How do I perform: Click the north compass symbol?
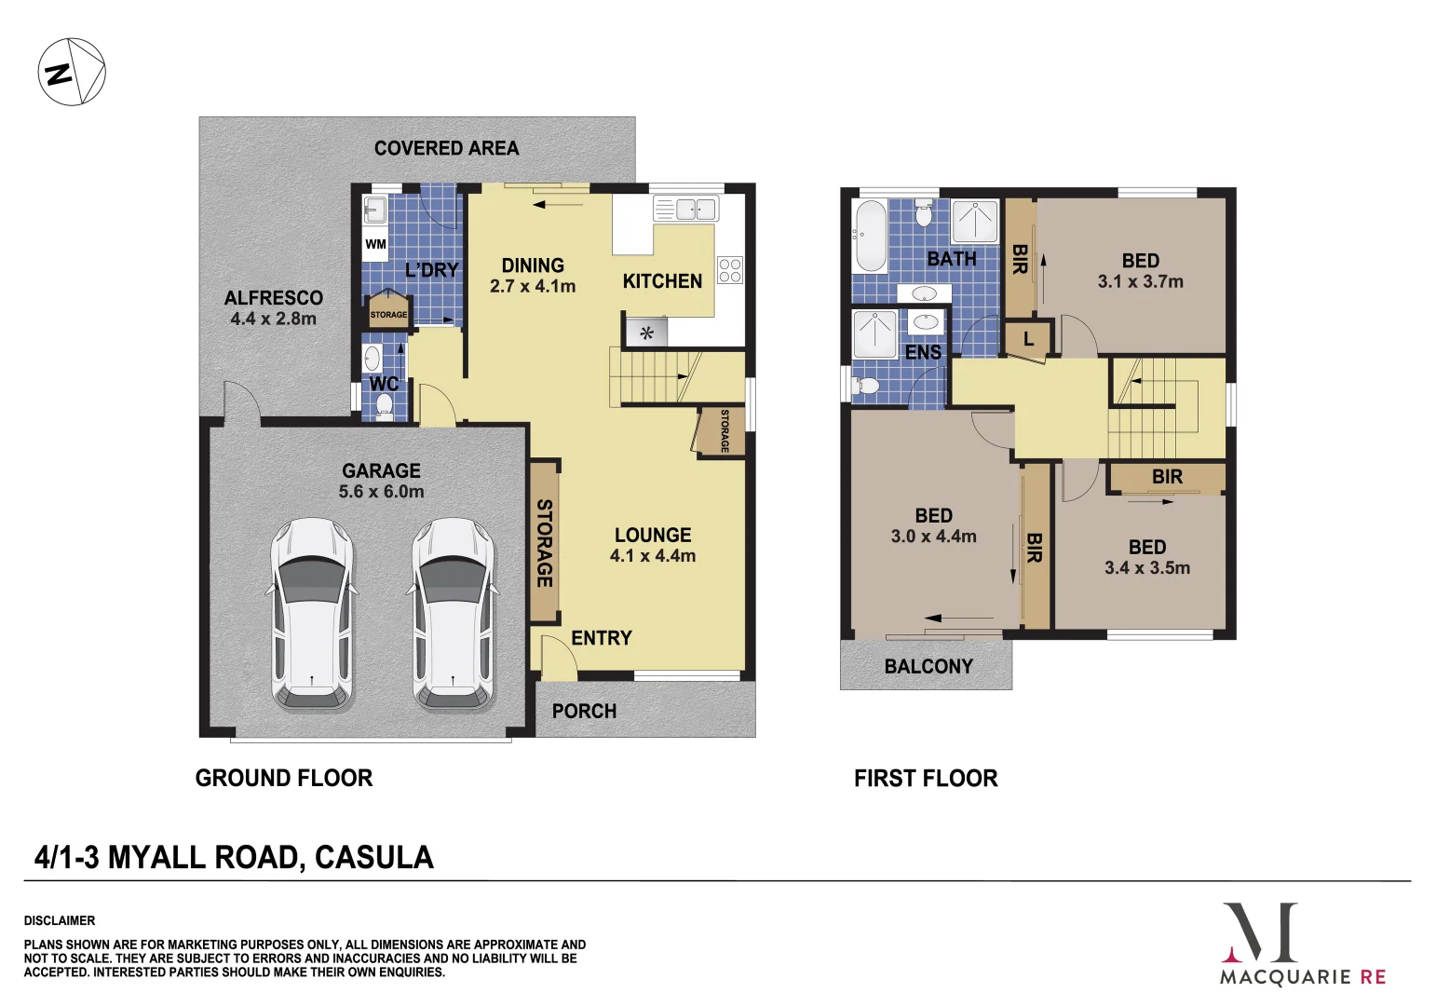(72, 72)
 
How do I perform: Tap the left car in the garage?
(312, 615)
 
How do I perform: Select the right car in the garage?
(454, 615)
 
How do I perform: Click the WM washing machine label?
(375, 244)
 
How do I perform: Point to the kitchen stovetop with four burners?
(730, 270)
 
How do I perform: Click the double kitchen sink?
(686, 209)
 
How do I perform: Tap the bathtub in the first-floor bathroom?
(871, 237)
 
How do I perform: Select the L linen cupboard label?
(1028, 339)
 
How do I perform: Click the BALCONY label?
(928, 667)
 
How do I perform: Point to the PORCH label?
(584, 711)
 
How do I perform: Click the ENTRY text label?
(602, 638)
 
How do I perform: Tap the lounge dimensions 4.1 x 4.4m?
(653, 556)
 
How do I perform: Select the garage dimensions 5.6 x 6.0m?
(382, 492)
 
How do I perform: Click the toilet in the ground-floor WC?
(384, 406)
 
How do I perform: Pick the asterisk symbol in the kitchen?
(647, 333)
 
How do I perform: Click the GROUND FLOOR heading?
(284, 778)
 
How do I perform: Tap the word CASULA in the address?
(374, 857)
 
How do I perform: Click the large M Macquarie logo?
(1260, 933)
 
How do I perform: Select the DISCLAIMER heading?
(60, 920)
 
